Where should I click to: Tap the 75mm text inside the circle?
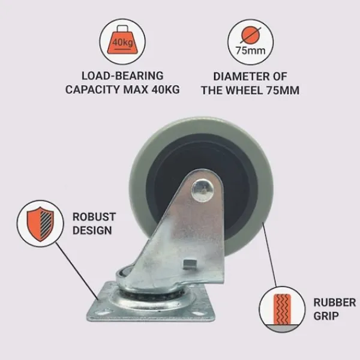250,50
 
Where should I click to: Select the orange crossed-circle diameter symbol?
251,35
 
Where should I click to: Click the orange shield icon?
40,224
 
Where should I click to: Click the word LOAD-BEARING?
122,76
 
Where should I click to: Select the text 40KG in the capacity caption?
166,89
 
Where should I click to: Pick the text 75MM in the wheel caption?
283,90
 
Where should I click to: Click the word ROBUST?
94,217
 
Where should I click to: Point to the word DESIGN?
92,230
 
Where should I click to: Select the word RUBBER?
335,302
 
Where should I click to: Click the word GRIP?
326,316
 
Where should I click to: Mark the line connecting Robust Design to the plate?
77,272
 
